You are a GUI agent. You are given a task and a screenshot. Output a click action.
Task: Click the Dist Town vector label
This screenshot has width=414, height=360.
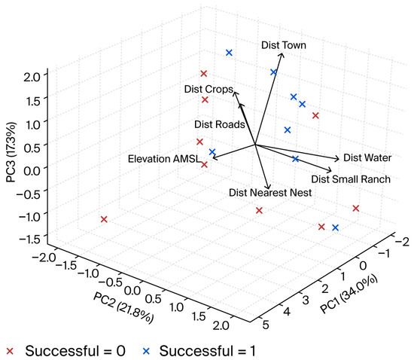(x=285, y=45)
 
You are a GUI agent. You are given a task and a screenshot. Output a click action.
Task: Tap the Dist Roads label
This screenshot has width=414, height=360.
(x=219, y=124)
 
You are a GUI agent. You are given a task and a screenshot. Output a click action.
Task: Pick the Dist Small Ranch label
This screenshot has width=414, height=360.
(x=350, y=178)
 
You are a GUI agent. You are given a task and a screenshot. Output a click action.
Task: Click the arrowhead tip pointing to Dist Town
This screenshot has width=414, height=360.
(x=282, y=53)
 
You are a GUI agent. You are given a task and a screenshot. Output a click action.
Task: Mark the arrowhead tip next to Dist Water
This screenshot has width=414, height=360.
(x=340, y=158)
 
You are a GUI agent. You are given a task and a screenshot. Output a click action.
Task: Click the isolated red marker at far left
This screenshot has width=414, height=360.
(x=104, y=219)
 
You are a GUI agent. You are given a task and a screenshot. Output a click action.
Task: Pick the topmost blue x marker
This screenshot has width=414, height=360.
(x=229, y=53)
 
